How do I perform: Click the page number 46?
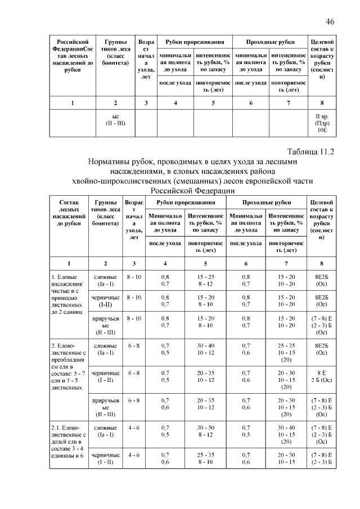point(330,21)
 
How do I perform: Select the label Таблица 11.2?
point(310,152)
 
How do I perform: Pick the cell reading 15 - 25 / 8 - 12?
point(206,281)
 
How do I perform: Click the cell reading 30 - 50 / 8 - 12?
point(206,431)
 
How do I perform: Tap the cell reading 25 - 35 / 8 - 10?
point(206,458)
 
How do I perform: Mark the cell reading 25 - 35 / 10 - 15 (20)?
point(285,353)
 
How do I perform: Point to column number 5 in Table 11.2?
point(206,263)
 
